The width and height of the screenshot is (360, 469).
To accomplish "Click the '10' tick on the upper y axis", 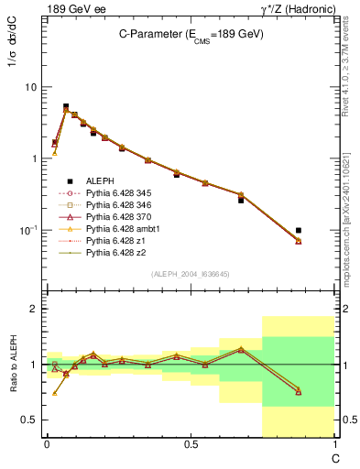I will pos(30,87).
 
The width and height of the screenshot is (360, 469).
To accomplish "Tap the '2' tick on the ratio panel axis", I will pos(34,310).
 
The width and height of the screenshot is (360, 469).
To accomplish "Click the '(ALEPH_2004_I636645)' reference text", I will pos(191,273).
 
